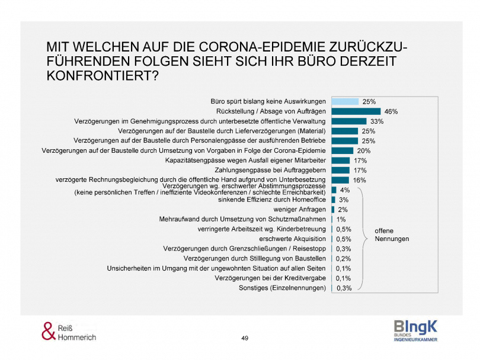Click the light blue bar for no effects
coord(345,101)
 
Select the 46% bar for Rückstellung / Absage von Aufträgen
coord(356,111)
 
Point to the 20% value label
coord(364,150)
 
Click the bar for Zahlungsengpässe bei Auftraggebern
coord(340,170)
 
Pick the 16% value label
coord(360,180)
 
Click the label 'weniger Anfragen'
coord(299,210)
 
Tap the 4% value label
coord(345,190)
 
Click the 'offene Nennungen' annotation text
coord(392,234)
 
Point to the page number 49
coord(245,338)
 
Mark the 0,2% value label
coord(344,259)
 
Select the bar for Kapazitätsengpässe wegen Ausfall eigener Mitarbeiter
coord(340,160)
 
